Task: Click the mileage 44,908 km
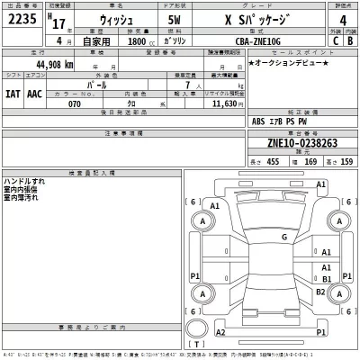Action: click(x=54, y=65)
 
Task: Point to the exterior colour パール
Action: click(x=114, y=84)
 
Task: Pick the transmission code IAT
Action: click(x=13, y=94)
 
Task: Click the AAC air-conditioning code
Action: click(x=34, y=94)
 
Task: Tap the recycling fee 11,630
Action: click(x=221, y=103)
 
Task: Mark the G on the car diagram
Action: click(x=283, y=237)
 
